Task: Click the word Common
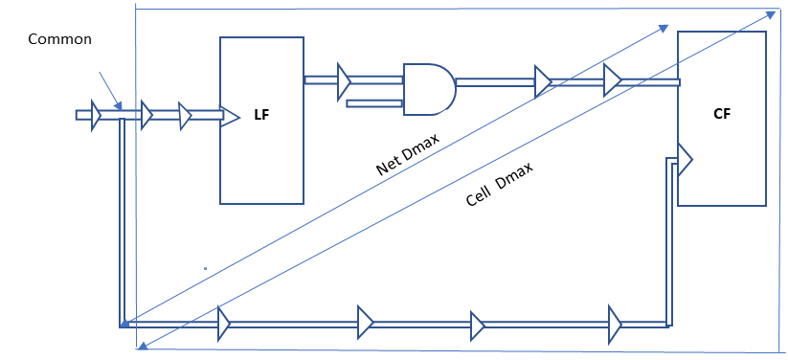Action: tap(59, 39)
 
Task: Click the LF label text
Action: tap(260, 115)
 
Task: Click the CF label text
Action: tap(722, 114)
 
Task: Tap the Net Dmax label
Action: tap(408, 153)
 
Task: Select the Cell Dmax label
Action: tap(500, 185)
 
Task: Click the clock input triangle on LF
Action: tap(230, 116)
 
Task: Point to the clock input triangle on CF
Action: tap(685, 159)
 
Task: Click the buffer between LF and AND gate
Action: tap(344, 79)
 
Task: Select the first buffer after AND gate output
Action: tap(543, 82)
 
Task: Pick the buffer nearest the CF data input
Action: tap(613, 80)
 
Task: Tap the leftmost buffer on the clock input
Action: tap(96, 115)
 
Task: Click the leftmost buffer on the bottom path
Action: tap(224, 323)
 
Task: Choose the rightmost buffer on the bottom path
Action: tap(615, 324)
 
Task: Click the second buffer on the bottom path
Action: tap(365, 322)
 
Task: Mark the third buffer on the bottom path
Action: tap(477, 326)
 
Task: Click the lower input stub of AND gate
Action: tap(374, 103)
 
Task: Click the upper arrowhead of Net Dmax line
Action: tap(664, 28)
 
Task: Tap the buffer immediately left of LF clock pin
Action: tap(185, 115)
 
